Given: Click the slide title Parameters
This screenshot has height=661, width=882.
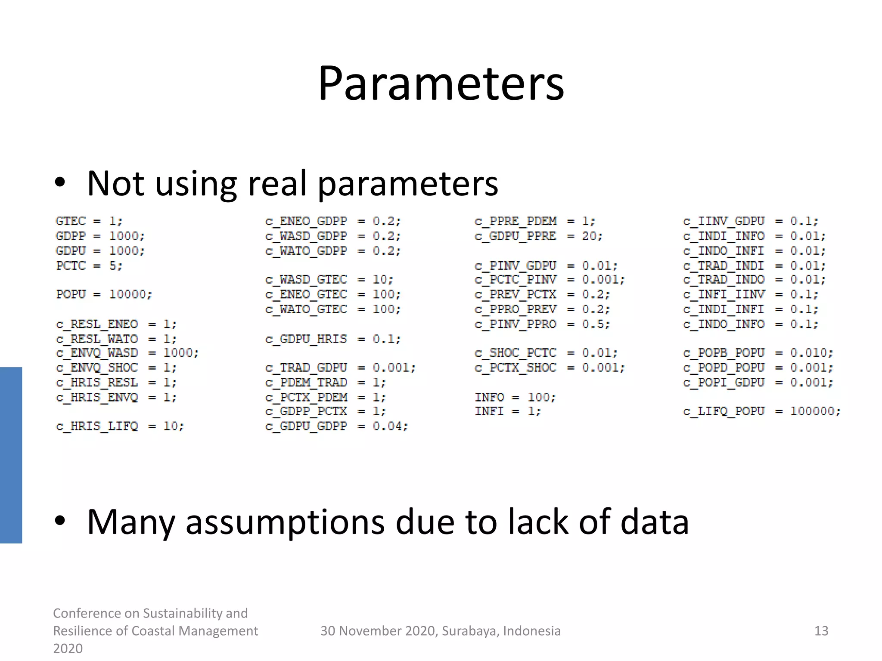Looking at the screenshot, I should pyautogui.click(x=441, y=83).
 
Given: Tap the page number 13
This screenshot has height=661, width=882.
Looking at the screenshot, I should pyautogui.click(x=821, y=631).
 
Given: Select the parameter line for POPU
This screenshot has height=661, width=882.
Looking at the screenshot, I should pyautogui.click(x=104, y=294).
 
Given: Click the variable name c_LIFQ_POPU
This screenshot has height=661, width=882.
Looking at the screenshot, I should pyautogui.click(x=724, y=411).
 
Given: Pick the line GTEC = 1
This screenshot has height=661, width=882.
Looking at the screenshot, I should pyautogui.click(x=89, y=221).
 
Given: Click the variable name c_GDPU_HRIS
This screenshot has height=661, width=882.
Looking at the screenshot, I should pyautogui.click(x=306, y=339).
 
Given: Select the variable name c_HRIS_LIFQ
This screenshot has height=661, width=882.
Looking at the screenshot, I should pyautogui.click(x=97, y=426).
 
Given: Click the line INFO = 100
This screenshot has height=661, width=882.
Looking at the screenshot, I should pyautogui.click(x=515, y=397).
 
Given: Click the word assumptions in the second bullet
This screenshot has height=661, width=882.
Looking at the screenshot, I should pyautogui.click(x=285, y=522).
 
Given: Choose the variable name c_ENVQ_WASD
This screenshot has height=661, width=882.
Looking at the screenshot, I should pyautogui.click(x=97, y=353).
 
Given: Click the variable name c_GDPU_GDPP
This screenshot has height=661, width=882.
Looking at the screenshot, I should pyautogui.click(x=306, y=426).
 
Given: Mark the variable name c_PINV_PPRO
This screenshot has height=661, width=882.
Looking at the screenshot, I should pyautogui.click(x=516, y=324).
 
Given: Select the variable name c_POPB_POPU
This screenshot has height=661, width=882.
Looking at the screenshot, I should pyautogui.click(x=724, y=353).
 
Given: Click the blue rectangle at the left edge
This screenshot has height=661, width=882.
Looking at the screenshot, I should pyautogui.click(x=11, y=455).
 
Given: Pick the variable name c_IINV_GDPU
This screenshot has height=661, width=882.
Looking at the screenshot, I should pyautogui.click(x=724, y=221).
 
